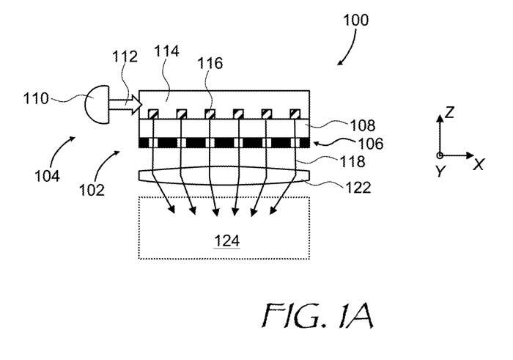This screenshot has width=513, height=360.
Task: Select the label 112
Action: [124, 56]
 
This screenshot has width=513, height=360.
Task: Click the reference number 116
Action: [210, 64]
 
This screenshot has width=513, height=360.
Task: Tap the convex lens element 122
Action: [224, 175]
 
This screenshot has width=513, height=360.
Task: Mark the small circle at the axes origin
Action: [439, 155]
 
